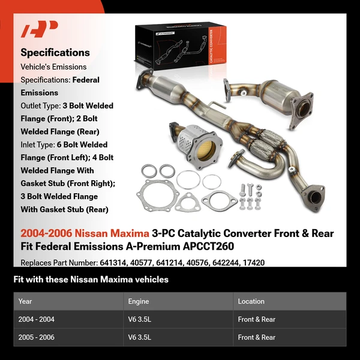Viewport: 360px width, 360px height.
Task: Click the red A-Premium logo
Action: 40,29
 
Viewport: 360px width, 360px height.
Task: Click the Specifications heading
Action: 55,52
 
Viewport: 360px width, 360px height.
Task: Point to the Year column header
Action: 25,301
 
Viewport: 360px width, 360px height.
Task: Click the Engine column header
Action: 139,301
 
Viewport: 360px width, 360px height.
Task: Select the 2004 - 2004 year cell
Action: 37,319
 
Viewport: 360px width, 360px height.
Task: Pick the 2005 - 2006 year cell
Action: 37,337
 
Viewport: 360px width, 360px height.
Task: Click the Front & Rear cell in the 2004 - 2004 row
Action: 256,319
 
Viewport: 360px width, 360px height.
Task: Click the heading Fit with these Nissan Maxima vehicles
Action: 91,280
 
